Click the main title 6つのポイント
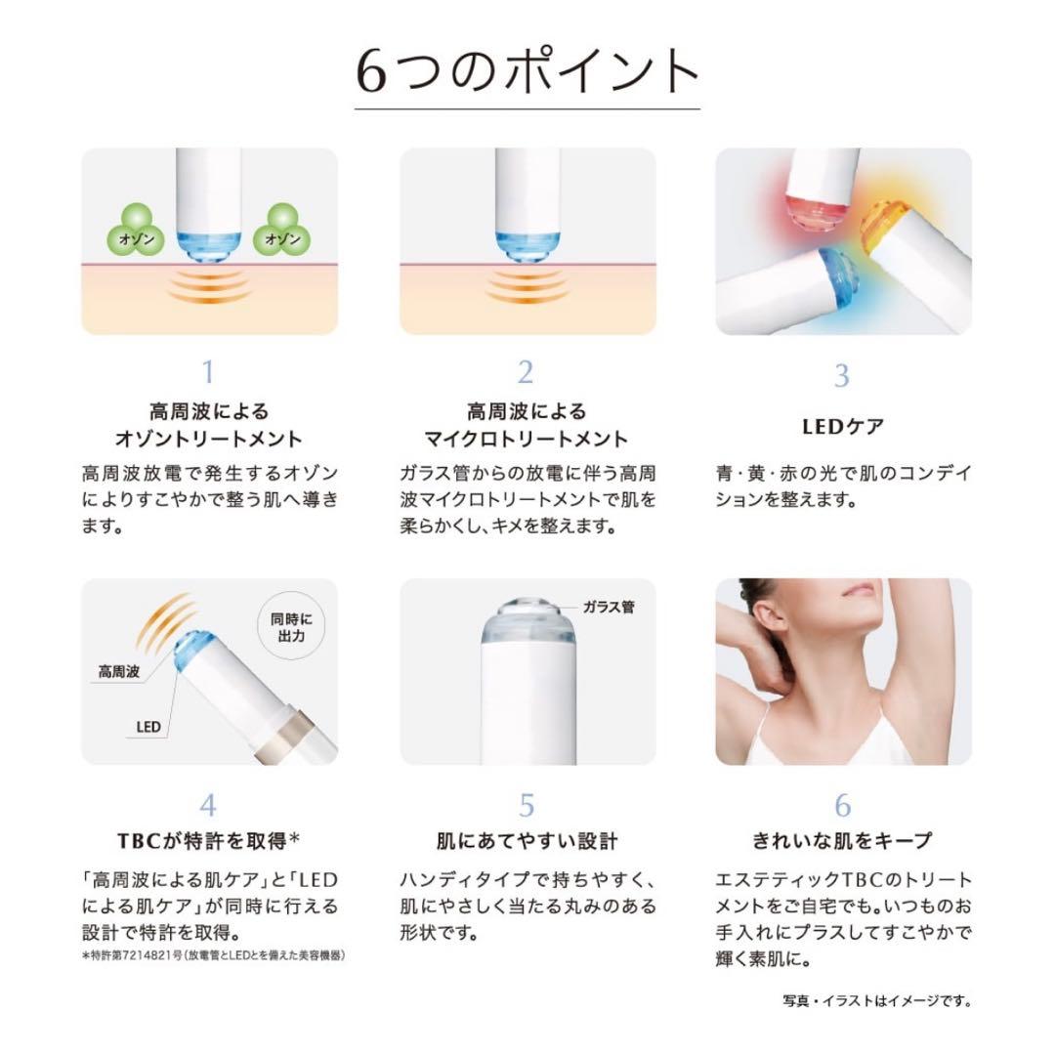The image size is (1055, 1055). pyautogui.click(x=527, y=72)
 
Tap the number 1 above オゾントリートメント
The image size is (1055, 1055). pyautogui.click(x=207, y=372)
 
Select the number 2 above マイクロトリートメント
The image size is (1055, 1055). pyautogui.click(x=526, y=372)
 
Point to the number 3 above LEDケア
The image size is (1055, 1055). pyautogui.click(x=842, y=375)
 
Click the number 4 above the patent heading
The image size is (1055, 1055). pyautogui.click(x=207, y=805)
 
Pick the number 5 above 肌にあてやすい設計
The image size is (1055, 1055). pyautogui.click(x=527, y=805)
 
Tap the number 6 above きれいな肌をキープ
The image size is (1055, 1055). pyautogui.click(x=843, y=805)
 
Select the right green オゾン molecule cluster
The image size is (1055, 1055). pyautogui.click(x=281, y=231)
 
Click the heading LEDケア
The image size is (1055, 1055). pyautogui.click(x=842, y=427)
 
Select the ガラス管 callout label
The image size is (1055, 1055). pyautogui.click(x=608, y=607)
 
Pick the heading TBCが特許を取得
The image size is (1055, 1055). pyautogui.click(x=207, y=840)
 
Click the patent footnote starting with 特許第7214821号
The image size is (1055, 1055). pyautogui.click(x=214, y=954)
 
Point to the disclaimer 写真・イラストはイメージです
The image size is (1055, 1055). pyautogui.click(x=876, y=1000)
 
